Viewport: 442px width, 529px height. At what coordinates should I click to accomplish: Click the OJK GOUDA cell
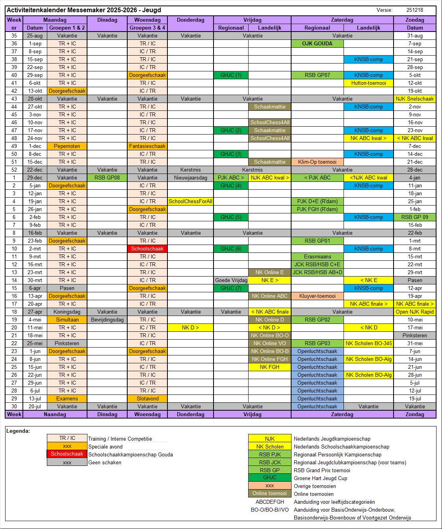click(317, 43)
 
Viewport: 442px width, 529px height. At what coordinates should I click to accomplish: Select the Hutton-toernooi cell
click(368, 83)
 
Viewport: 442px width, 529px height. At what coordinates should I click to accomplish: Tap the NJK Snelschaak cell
click(415, 99)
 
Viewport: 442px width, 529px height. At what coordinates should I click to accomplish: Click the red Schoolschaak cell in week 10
click(147, 249)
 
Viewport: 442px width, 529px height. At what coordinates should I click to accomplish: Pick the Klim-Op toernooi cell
click(317, 162)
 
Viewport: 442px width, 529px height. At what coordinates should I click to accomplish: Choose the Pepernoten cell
click(67, 146)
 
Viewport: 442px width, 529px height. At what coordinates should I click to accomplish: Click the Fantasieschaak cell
click(147, 146)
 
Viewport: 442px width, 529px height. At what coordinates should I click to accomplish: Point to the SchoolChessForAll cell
click(190, 201)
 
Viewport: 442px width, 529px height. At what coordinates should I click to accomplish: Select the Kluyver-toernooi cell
click(317, 296)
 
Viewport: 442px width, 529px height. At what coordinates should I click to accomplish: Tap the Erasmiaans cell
click(317, 256)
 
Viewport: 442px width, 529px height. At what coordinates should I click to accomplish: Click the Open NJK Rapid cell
click(415, 312)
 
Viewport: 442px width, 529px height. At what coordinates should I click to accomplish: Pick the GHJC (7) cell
click(231, 288)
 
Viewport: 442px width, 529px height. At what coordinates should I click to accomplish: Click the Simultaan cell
click(67, 320)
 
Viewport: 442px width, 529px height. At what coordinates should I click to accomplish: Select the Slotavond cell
click(147, 398)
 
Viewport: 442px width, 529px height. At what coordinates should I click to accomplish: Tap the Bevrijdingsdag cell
click(107, 320)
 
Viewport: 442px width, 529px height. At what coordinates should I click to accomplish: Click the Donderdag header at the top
click(190, 20)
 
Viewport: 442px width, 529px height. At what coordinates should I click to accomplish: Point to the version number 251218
click(414, 10)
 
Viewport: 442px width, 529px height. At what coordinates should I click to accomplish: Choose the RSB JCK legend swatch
click(270, 462)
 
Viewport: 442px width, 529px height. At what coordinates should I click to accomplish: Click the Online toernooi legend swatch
click(270, 493)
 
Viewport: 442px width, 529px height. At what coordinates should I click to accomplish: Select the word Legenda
click(18, 431)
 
